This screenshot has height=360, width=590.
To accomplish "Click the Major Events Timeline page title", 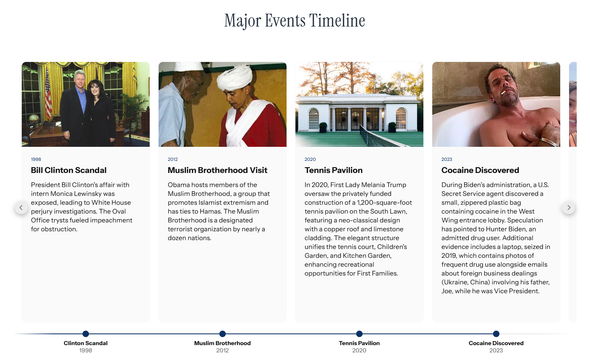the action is click(295, 21).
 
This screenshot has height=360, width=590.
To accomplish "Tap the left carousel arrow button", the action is click(21, 208).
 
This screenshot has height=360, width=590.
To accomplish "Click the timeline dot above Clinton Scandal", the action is click(86, 334).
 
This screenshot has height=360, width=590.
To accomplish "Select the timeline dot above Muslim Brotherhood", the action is click(223, 334).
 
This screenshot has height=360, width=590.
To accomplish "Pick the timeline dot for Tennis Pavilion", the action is click(359, 334).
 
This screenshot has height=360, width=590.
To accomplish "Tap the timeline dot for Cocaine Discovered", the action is click(496, 334).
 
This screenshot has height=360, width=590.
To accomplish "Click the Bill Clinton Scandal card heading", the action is click(69, 170).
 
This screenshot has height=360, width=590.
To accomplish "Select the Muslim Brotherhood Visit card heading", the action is click(218, 170).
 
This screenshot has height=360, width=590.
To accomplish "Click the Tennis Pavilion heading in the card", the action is click(334, 170).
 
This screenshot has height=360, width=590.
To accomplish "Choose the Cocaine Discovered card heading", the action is click(480, 170).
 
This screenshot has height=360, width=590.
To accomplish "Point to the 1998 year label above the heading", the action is click(36, 159).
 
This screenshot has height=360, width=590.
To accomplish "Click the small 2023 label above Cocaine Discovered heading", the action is click(447, 159).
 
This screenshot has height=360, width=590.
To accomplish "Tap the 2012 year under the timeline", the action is click(223, 350).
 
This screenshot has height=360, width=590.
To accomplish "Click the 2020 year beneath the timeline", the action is click(359, 350).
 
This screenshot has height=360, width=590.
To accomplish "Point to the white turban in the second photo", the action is click(234, 76).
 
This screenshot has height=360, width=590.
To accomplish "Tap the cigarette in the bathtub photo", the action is click(503, 93).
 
